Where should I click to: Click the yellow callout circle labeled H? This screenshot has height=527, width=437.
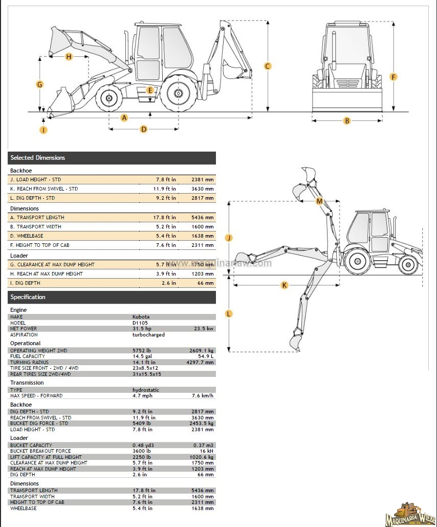(x=69, y=56)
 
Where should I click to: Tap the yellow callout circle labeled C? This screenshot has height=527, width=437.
(x=267, y=66)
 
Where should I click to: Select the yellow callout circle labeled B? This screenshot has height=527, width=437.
(x=347, y=121)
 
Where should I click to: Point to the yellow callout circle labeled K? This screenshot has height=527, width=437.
(x=285, y=285)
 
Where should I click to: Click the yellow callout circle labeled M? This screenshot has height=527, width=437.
(x=319, y=201)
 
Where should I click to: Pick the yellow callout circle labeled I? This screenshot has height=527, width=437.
(x=43, y=130)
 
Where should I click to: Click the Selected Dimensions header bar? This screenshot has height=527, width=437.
(x=112, y=158)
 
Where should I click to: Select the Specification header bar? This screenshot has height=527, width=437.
(x=112, y=297)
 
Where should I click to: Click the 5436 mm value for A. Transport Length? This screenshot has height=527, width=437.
(x=202, y=218)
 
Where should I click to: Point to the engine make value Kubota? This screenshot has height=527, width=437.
(x=141, y=317)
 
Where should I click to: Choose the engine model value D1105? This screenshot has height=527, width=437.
(x=140, y=323)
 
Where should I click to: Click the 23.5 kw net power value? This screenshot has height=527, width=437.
(x=204, y=329)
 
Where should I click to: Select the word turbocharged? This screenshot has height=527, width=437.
(x=148, y=335)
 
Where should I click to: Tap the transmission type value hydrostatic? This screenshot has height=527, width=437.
(x=146, y=390)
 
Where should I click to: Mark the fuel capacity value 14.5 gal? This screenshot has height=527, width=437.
(x=143, y=356)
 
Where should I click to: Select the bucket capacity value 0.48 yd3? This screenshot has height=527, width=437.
(x=143, y=445)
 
